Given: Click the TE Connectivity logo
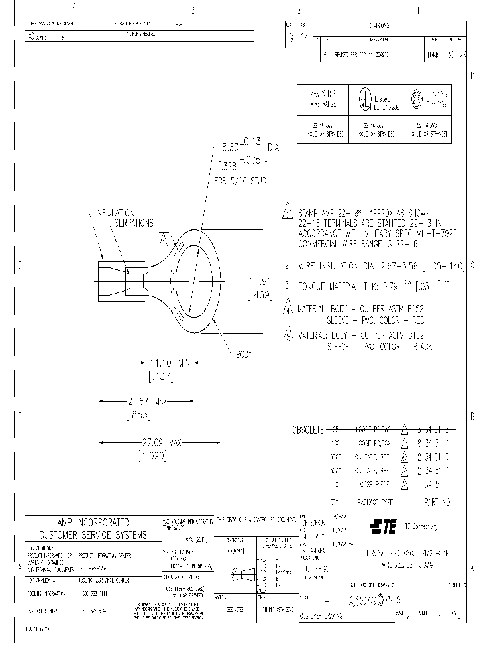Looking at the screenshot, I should click(383, 527).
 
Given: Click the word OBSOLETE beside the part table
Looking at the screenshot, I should click(308, 430).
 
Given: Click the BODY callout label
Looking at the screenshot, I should click(244, 355).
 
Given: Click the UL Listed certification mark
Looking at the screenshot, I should click(376, 100).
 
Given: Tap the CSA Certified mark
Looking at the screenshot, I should click(431, 100).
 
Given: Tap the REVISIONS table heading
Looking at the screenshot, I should click(378, 24).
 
